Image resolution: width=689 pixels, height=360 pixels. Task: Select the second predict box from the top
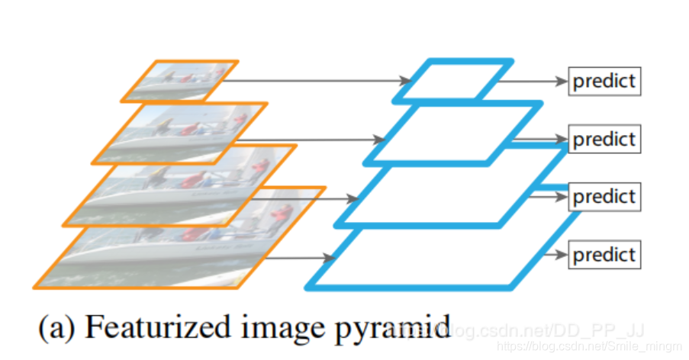tap(604, 140)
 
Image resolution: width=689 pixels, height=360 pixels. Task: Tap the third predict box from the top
tap(604, 197)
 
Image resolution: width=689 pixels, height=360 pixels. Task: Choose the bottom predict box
tap(604, 253)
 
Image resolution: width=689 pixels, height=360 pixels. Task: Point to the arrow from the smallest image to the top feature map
tap(320, 80)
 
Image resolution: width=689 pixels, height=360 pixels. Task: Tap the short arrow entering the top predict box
tap(538, 80)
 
